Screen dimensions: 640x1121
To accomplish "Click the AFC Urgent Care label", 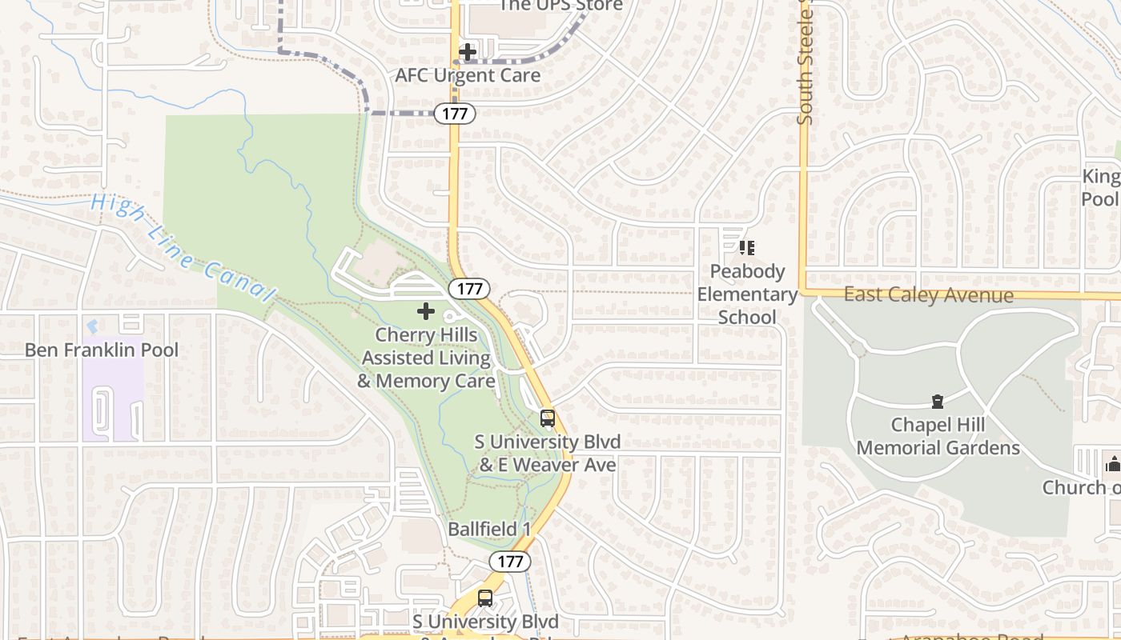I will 468,75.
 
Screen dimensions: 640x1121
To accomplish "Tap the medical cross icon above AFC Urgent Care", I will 468,53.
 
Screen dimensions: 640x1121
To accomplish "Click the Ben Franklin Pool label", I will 102,350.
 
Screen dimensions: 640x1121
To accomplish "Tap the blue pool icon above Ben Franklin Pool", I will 92,326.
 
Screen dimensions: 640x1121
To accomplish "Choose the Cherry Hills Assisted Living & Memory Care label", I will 426,358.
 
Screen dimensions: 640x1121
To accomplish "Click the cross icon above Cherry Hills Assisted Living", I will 426,311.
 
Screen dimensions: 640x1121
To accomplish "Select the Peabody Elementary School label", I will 747,294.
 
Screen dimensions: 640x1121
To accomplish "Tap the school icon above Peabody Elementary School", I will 747,248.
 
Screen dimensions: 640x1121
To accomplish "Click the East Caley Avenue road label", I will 928,295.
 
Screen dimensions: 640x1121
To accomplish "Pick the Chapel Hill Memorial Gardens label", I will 938,436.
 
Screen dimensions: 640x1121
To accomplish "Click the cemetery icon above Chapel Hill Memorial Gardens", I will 937,401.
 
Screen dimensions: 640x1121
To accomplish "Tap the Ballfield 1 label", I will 489,529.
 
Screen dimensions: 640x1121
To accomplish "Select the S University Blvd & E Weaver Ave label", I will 548,453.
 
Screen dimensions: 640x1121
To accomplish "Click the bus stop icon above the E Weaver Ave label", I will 548,418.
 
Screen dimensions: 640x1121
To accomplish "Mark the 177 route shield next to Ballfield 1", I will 510,562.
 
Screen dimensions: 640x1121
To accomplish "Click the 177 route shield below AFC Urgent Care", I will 455,114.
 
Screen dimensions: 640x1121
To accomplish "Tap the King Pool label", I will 1102,187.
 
